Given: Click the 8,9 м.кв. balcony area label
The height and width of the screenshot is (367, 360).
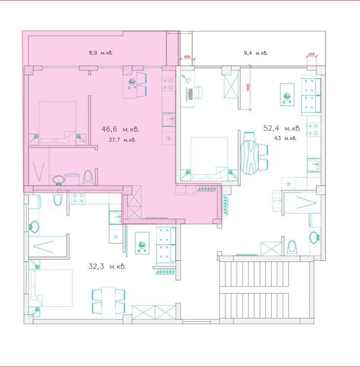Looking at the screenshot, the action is click(x=101, y=53).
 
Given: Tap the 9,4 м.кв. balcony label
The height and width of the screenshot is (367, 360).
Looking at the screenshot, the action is click(x=256, y=53).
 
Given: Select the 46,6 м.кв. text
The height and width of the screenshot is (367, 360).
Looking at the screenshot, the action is click(x=120, y=129).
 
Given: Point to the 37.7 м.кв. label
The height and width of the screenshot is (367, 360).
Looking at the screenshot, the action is click(x=122, y=140).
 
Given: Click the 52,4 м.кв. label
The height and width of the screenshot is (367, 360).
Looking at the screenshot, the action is click(x=282, y=128).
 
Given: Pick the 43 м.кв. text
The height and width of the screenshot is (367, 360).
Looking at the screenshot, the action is click(x=285, y=138).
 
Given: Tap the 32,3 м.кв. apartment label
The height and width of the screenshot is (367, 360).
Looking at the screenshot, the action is click(x=107, y=266).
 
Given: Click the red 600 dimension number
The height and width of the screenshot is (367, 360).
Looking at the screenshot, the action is click(x=187, y=57).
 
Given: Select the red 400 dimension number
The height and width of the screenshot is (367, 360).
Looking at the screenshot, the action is click(x=311, y=54).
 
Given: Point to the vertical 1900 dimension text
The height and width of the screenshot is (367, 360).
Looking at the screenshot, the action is click(x=248, y=87).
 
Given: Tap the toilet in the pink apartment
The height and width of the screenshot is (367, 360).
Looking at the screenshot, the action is click(x=88, y=177).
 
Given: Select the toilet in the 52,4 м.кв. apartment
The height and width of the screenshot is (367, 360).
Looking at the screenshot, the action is click(x=291, y=247).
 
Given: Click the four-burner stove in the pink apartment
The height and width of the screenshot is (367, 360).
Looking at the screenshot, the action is click(x=168, y=84).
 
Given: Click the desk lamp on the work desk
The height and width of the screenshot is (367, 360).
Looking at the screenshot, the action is click(x=186, y=78).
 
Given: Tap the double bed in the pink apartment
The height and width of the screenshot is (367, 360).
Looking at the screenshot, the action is click(x=57, y=122).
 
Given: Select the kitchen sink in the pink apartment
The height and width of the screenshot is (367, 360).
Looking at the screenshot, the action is click(x=168, y=119).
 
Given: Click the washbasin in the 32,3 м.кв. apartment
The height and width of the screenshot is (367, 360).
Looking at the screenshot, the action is click(x=34, y=226).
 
